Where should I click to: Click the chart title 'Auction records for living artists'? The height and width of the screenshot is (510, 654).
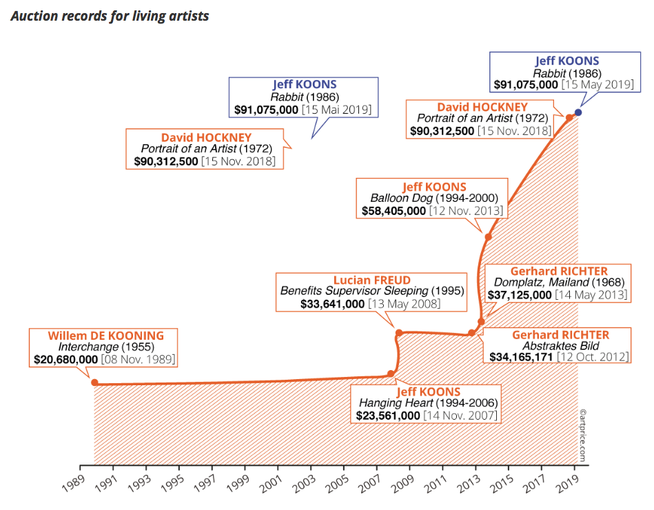click(x=110, y=15)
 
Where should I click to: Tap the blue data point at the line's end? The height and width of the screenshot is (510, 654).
click(x=578, y=112)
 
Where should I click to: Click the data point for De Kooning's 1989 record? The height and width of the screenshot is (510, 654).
click(x=94, y=382)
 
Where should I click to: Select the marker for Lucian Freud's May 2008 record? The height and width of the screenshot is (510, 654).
click(x=398, y=333)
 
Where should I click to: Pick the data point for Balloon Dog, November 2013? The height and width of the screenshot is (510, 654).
click(x=488, y=237)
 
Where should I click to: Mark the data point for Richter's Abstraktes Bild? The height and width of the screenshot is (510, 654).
click(x=471, y=333)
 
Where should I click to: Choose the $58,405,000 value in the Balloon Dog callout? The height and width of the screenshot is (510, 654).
click(x=394, y=211)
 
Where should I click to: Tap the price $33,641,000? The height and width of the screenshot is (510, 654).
click(x=332, y=303)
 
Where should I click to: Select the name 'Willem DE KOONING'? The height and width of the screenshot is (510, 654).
click(x=106, y=336)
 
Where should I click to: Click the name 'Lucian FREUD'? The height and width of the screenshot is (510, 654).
click(x=362, y=280)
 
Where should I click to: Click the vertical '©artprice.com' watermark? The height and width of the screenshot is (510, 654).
click(x=583, y=434)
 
